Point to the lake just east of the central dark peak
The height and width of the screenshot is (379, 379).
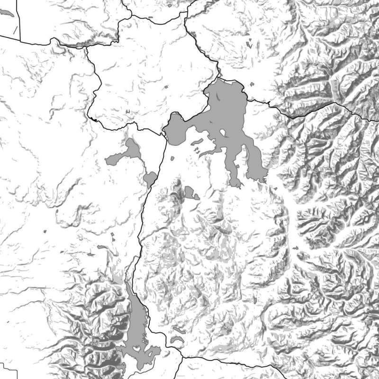(x=190, y=192)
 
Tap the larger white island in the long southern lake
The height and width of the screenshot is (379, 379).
(x=137, y=348)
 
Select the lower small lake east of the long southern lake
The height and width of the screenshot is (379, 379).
(x=177, y=340)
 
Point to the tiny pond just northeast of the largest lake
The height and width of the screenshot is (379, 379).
(x=252, y=84)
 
